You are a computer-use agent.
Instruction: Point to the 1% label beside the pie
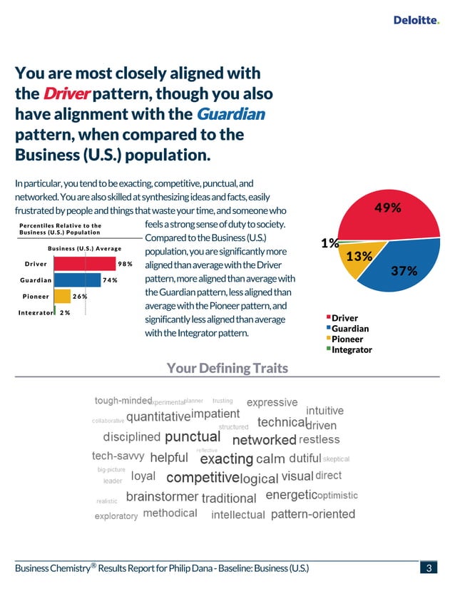(329, 243)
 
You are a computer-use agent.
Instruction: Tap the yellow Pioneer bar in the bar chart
(62, 296)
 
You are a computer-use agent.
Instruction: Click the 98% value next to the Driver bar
(126, 264)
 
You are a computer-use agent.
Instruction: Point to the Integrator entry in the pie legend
(351, 349)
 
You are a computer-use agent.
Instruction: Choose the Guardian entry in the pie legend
(349, 329)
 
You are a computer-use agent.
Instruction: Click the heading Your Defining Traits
(227, 368)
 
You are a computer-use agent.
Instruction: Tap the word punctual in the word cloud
(192, 436)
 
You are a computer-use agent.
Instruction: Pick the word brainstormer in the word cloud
(162, 497)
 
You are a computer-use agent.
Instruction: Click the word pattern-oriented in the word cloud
(313, 514)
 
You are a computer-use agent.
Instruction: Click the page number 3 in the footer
(429, 568)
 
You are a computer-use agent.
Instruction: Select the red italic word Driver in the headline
(66, 94)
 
